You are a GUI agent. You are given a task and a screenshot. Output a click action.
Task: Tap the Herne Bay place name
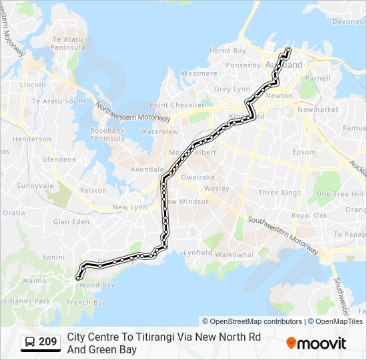coord(228,51)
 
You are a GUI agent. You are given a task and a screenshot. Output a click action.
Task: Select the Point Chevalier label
coord(177,105)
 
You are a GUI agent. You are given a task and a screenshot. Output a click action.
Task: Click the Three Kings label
coord(280,193)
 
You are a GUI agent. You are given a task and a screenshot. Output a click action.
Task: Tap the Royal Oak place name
coord(309,215)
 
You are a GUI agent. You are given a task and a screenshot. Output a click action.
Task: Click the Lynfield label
coord(198,253)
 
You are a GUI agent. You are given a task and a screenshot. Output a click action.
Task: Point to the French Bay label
coord(87,302)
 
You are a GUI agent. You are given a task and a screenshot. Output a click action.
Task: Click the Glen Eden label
coord(71,221)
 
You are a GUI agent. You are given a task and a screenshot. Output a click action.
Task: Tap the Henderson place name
coord(31,139)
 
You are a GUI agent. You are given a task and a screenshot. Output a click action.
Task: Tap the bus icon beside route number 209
coord(29,343)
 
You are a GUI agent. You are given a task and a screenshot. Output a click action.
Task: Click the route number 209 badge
coord(47,343)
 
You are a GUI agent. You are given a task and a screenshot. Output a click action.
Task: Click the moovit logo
coord(316,343)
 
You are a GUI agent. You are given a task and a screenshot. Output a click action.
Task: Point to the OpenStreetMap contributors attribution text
coord(252,321)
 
